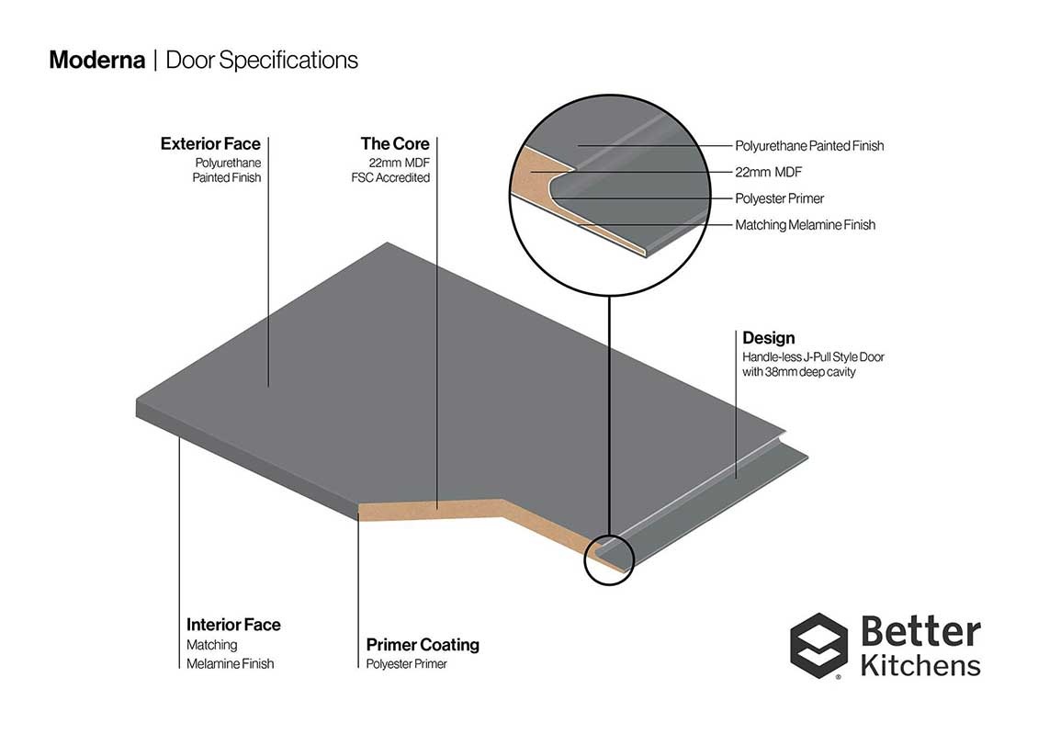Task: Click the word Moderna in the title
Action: (96, 61)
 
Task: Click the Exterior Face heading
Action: (210, 143)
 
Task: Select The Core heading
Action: (395, 143)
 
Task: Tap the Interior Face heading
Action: (233, 625)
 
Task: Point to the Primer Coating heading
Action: (423, 645)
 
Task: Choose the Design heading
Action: (769, 338)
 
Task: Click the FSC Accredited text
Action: (390, 178)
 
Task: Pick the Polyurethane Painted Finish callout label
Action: (809, 146)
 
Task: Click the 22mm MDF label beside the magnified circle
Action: (769, 172)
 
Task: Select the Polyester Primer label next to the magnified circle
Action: (780, 198)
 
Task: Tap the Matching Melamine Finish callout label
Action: (806, 225)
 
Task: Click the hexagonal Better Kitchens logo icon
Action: (818, 646)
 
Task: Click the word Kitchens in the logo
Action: (920, 665)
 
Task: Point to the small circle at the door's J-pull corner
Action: (609, 559)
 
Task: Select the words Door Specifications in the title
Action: (262, 61)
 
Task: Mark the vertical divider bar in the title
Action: (155, 61)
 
